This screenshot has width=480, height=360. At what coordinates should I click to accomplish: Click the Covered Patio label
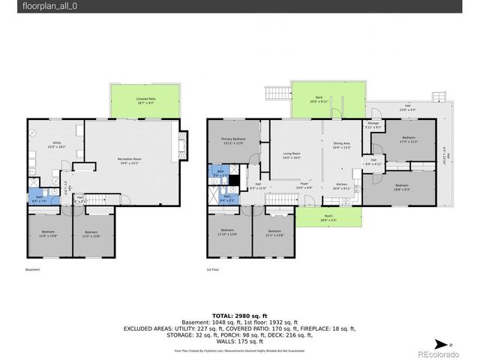pos(146,98)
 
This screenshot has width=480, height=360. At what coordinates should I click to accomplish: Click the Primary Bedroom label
pos(235,140)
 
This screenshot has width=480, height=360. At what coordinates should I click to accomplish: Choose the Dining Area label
pos(341,144)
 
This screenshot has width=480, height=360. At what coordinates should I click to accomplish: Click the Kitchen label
pos(342,185)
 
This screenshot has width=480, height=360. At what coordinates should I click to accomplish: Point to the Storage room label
pos(373,124)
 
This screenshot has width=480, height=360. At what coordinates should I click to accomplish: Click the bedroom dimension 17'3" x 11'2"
pos(408,142)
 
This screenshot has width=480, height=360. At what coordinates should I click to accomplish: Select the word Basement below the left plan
pos(32,268)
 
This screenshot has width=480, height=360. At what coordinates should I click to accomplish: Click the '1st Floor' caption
pos(213,268)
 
